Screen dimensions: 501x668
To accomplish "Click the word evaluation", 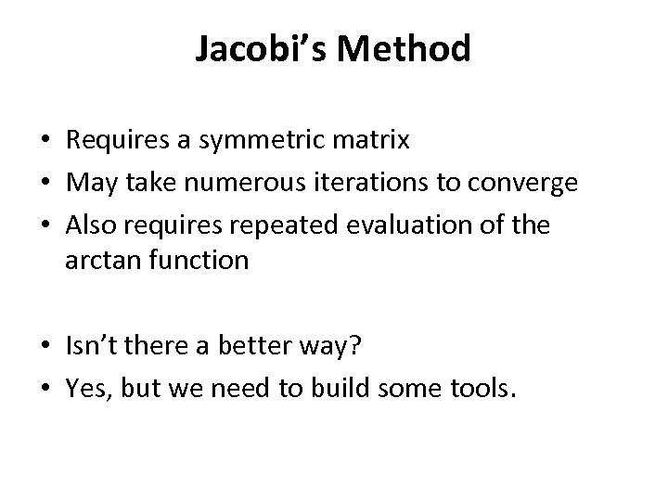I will [x=404, y=225].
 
